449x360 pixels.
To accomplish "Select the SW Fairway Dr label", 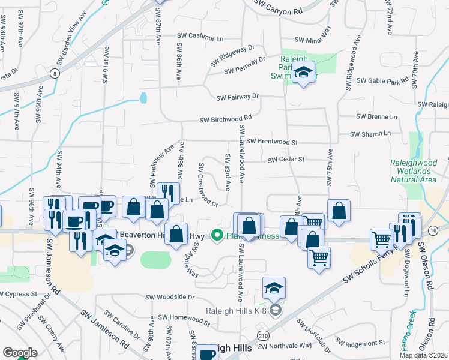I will point(237,96).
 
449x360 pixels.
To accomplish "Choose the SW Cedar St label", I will point(286,160).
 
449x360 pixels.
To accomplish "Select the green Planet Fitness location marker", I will point(217,236).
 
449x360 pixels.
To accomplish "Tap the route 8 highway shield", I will point(55,74).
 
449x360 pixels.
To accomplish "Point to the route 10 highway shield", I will point(433,230).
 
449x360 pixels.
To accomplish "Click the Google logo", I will point(20,353).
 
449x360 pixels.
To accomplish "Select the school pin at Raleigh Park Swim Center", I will point(304,73).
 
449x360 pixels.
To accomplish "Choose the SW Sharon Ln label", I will point(370,133).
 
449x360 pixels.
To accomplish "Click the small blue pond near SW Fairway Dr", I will point(143,97).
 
